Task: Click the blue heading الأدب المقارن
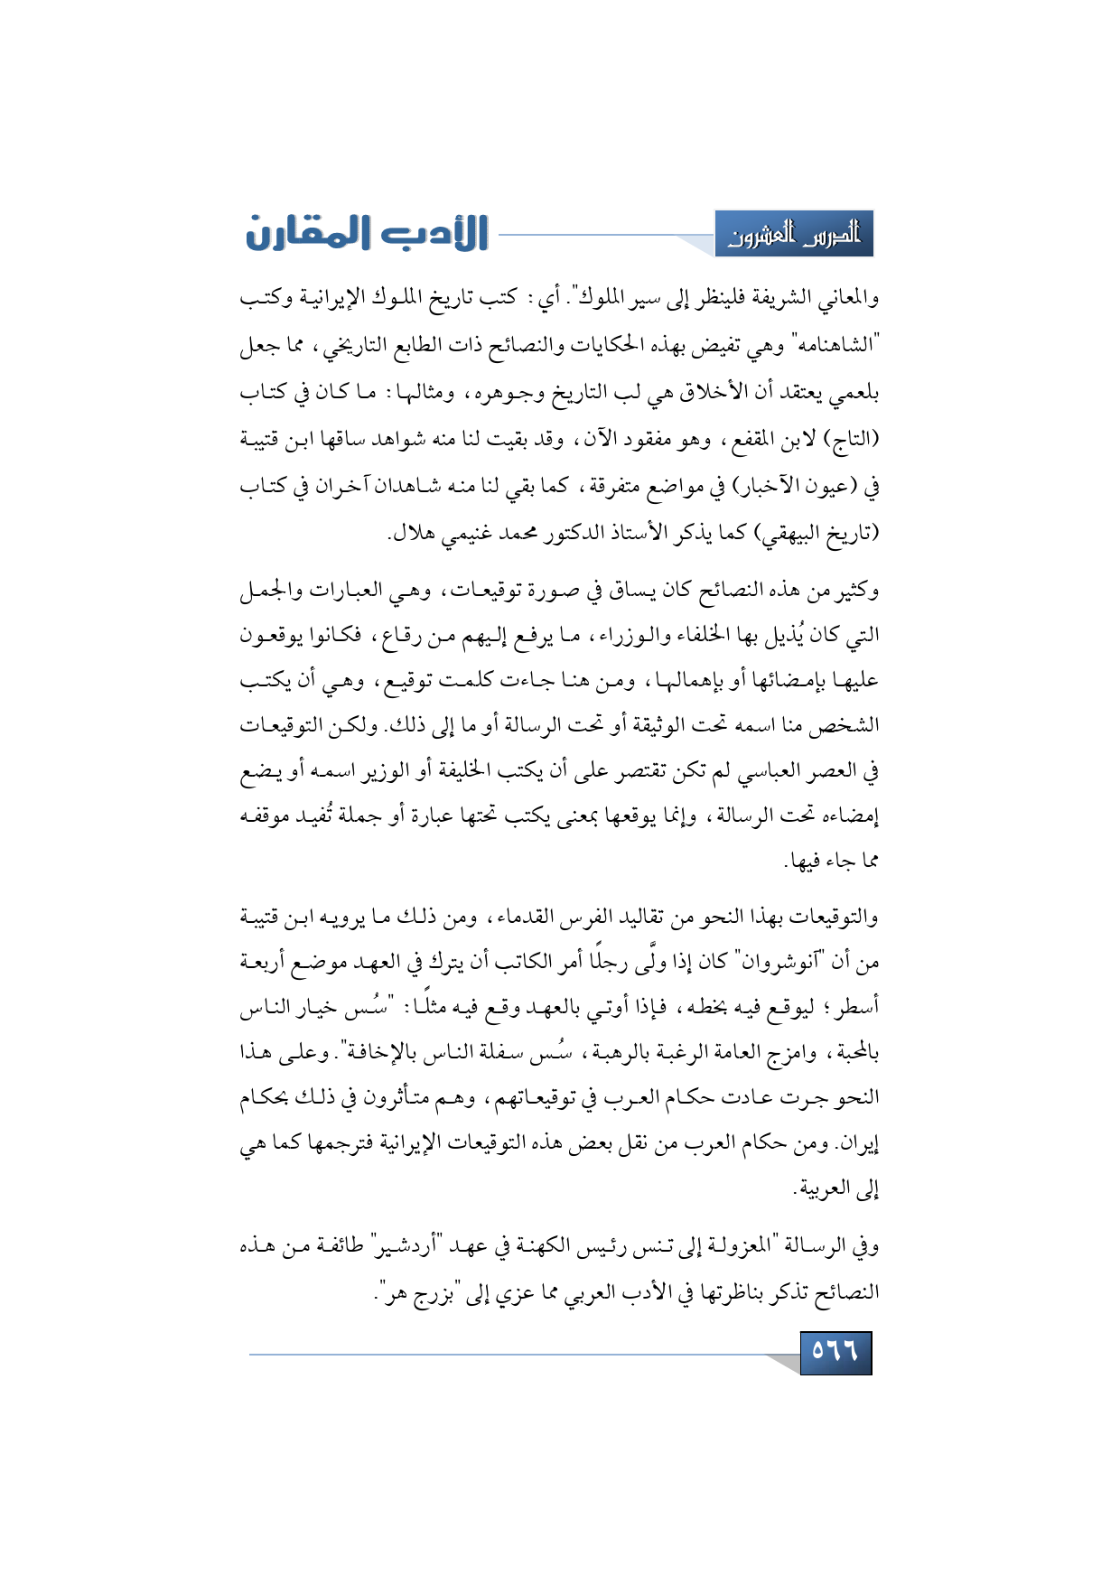pos(367,233)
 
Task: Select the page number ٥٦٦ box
pos(835,1352)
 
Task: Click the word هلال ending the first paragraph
pos(411,533)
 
